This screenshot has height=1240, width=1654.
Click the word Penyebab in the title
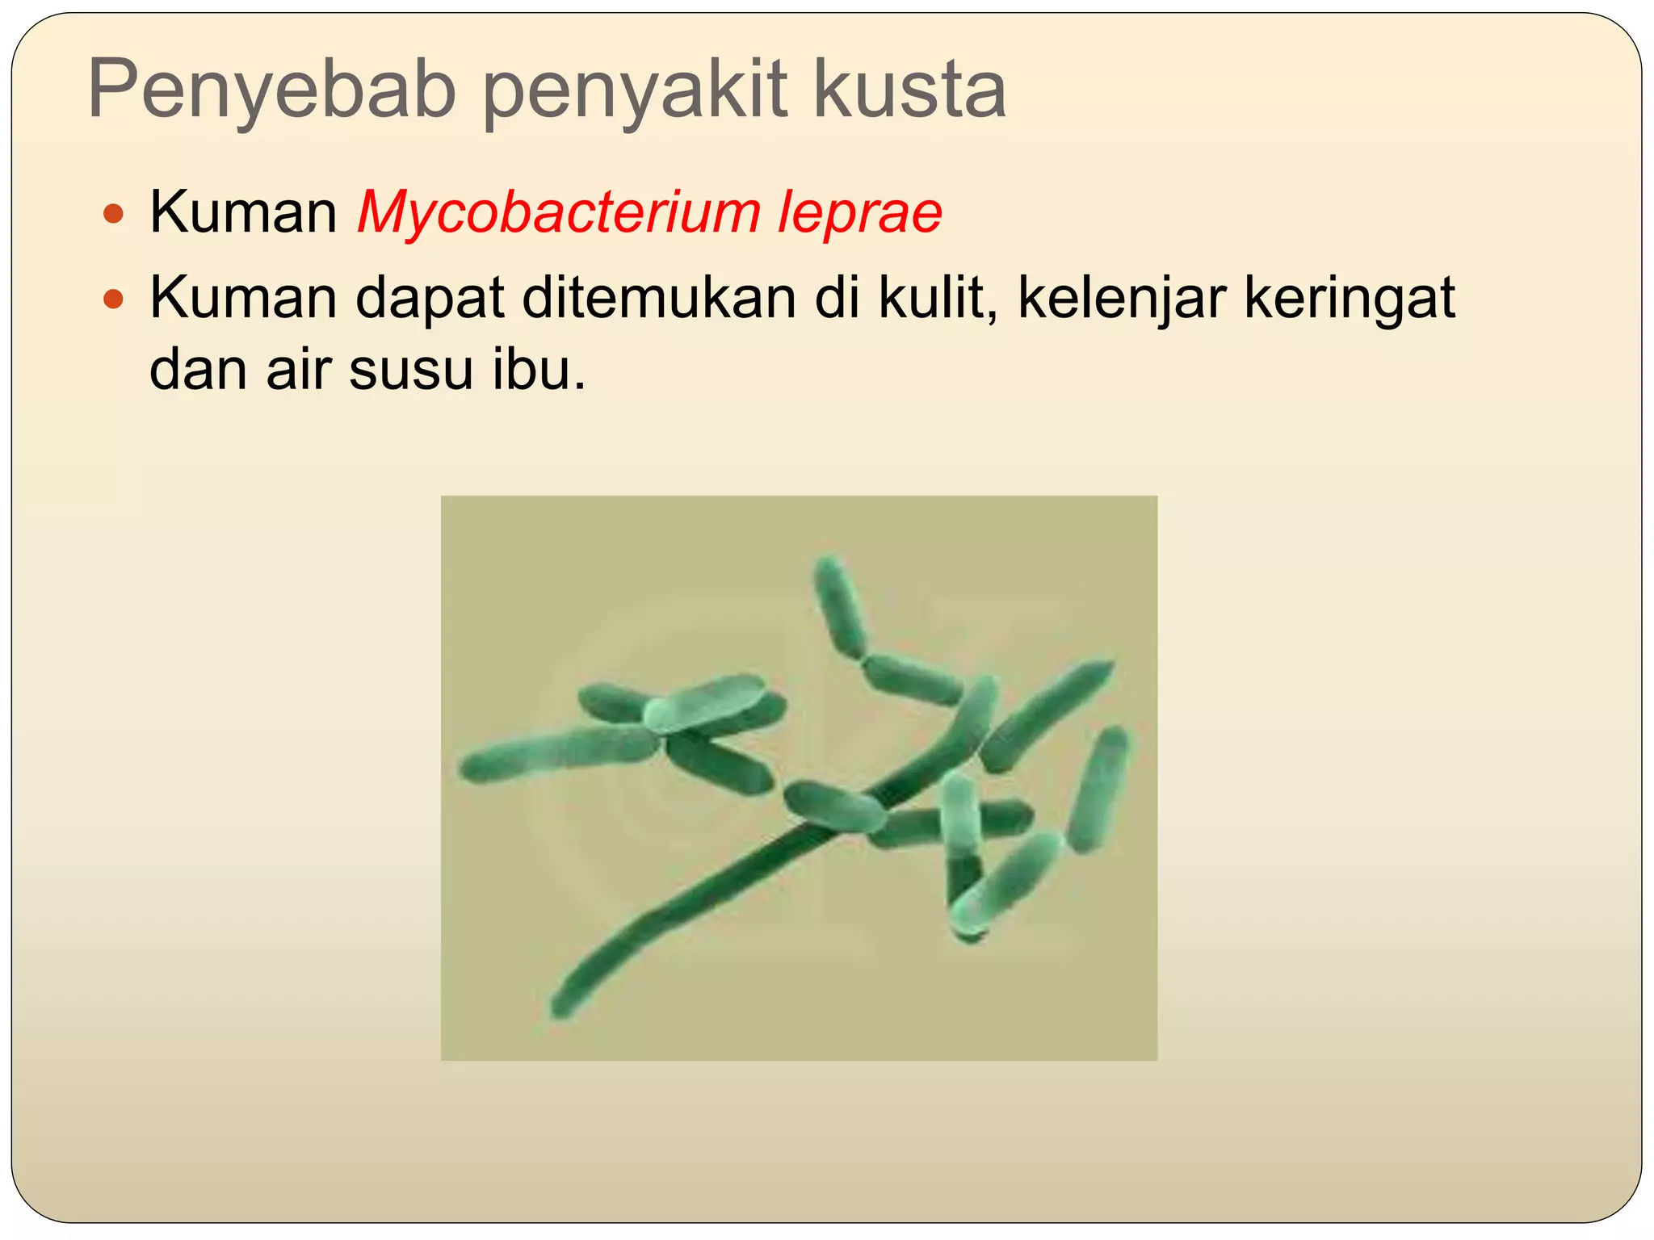pos(271,90)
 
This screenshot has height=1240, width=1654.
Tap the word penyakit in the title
pos(635,90)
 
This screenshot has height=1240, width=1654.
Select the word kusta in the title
pos(909,90)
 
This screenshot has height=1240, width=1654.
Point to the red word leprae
pos(860,213)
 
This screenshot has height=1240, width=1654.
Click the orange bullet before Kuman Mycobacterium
pos(115,215)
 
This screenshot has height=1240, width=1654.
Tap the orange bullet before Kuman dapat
pos(115,300)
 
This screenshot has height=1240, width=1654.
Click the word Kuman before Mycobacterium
pos(243,213)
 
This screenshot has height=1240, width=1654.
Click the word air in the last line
pos(296,370)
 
